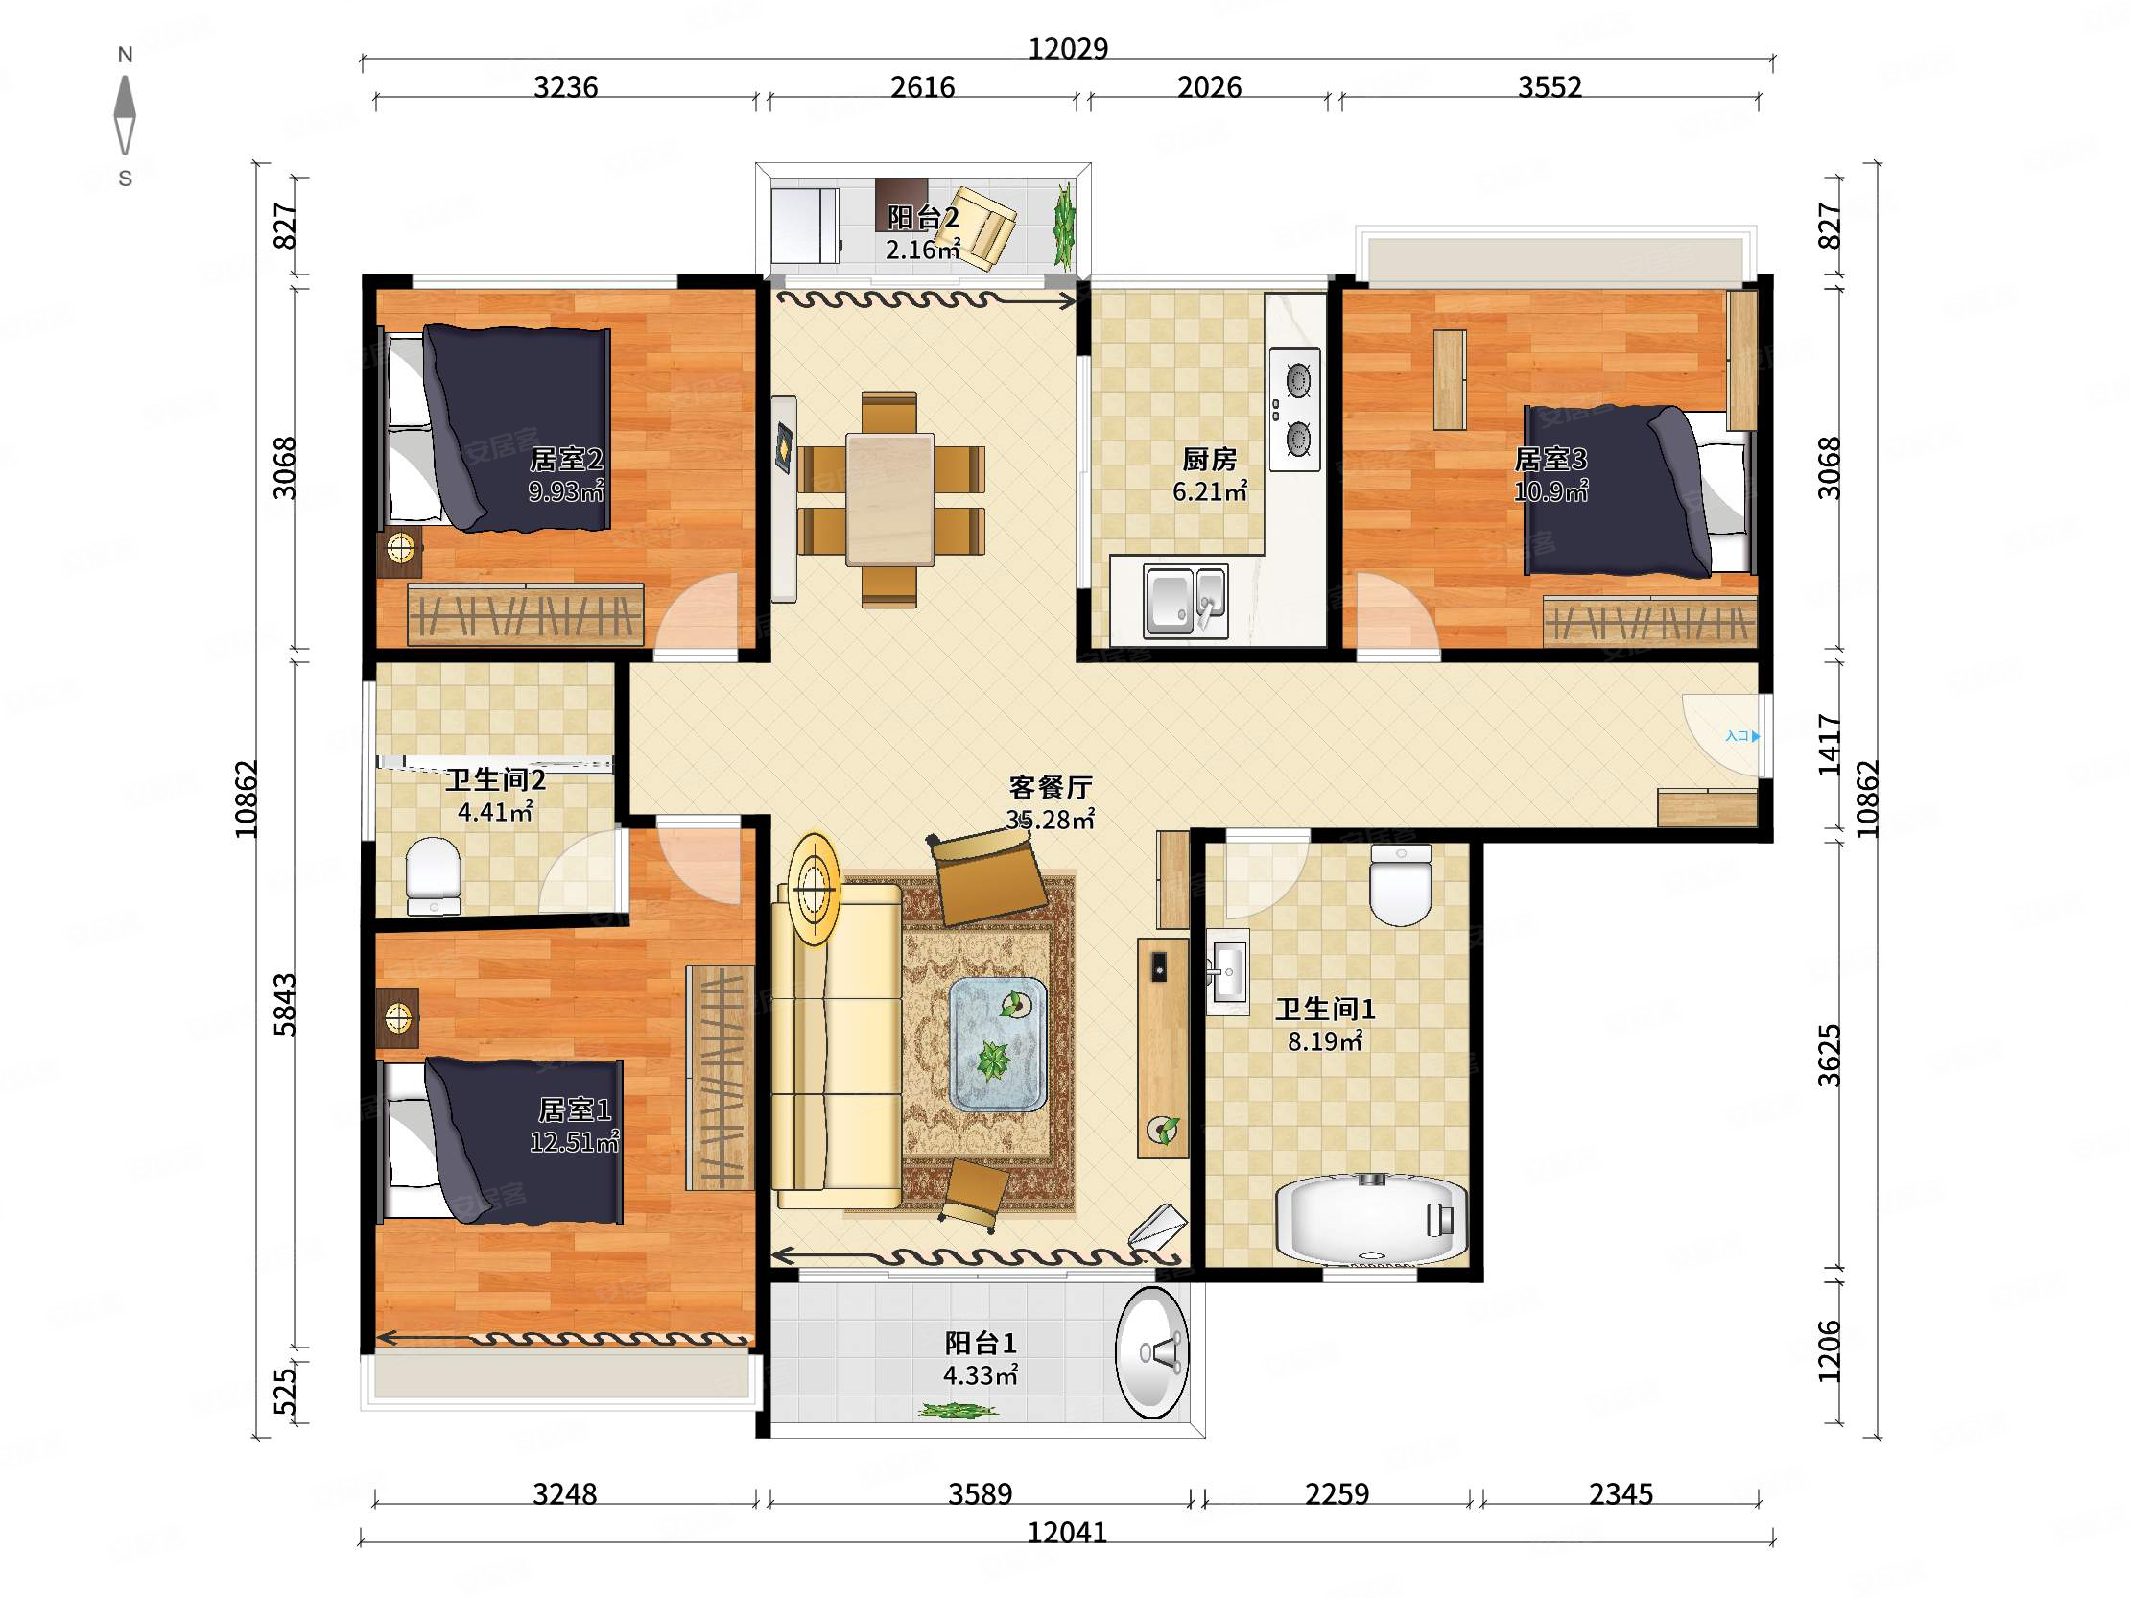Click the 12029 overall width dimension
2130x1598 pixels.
click(x=1068, y=48)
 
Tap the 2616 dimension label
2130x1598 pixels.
click(x=922, y=87)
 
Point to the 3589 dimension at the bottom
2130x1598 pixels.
click(x=981, y=1494)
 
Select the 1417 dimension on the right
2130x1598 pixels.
click(x=1829, y=745)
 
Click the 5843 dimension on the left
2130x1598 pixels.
click(x=285, y=1005)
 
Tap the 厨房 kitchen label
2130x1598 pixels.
click(x=1210, y=460)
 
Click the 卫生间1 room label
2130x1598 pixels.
click(x=1325, y=1010)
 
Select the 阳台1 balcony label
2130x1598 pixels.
click(x=981, y=1343)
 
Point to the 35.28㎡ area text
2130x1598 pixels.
click(x=1051, y=820)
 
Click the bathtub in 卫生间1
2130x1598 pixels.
click(x=1371, y=1220)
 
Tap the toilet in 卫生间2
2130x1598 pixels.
click(x=434, y=875)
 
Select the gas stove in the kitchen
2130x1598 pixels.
click(x=1295, y=410)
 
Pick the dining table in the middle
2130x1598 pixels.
click(x=889, y=500)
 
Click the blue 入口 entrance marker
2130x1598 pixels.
click(x=1742, y=736)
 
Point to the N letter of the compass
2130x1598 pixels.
click(x=125, y=55)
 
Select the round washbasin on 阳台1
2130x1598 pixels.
click(x=1151, y=1353)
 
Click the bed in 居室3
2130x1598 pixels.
click(x=1637, y=492)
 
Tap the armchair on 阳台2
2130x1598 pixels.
click(x=983, y=227)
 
